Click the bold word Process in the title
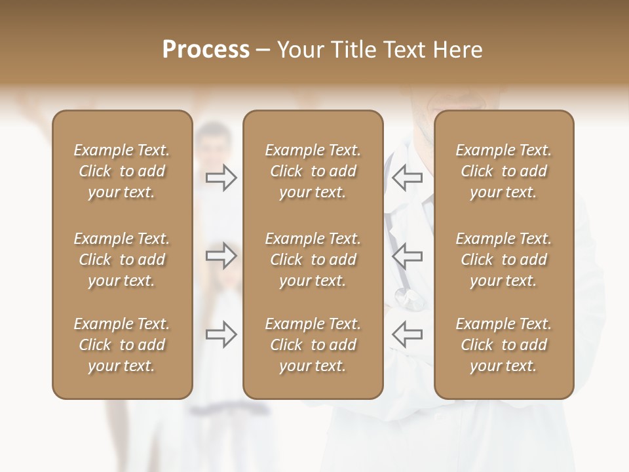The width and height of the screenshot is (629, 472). coord(206,50)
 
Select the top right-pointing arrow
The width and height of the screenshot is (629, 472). coord(221,178)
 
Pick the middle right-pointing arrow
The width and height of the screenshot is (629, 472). coord(221,256)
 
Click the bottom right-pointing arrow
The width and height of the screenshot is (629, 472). coord(221,334)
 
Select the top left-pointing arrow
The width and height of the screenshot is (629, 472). coord(407,178)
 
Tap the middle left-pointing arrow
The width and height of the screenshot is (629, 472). coord(407,256)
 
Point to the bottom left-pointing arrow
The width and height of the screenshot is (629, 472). coord(407,334)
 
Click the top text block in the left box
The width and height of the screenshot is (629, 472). coord(122,171)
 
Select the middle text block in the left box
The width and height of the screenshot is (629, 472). coord(122,260)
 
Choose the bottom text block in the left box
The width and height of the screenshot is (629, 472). coord(122,345)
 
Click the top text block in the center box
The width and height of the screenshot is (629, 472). coord(313,171)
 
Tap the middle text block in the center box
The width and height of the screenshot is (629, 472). coord(313,260)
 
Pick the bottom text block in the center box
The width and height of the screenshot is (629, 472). coord(313,345)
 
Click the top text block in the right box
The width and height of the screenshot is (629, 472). coord(503,171)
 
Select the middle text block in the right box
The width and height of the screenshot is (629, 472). coord(503,260)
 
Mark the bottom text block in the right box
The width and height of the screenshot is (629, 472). coord(503,345)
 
